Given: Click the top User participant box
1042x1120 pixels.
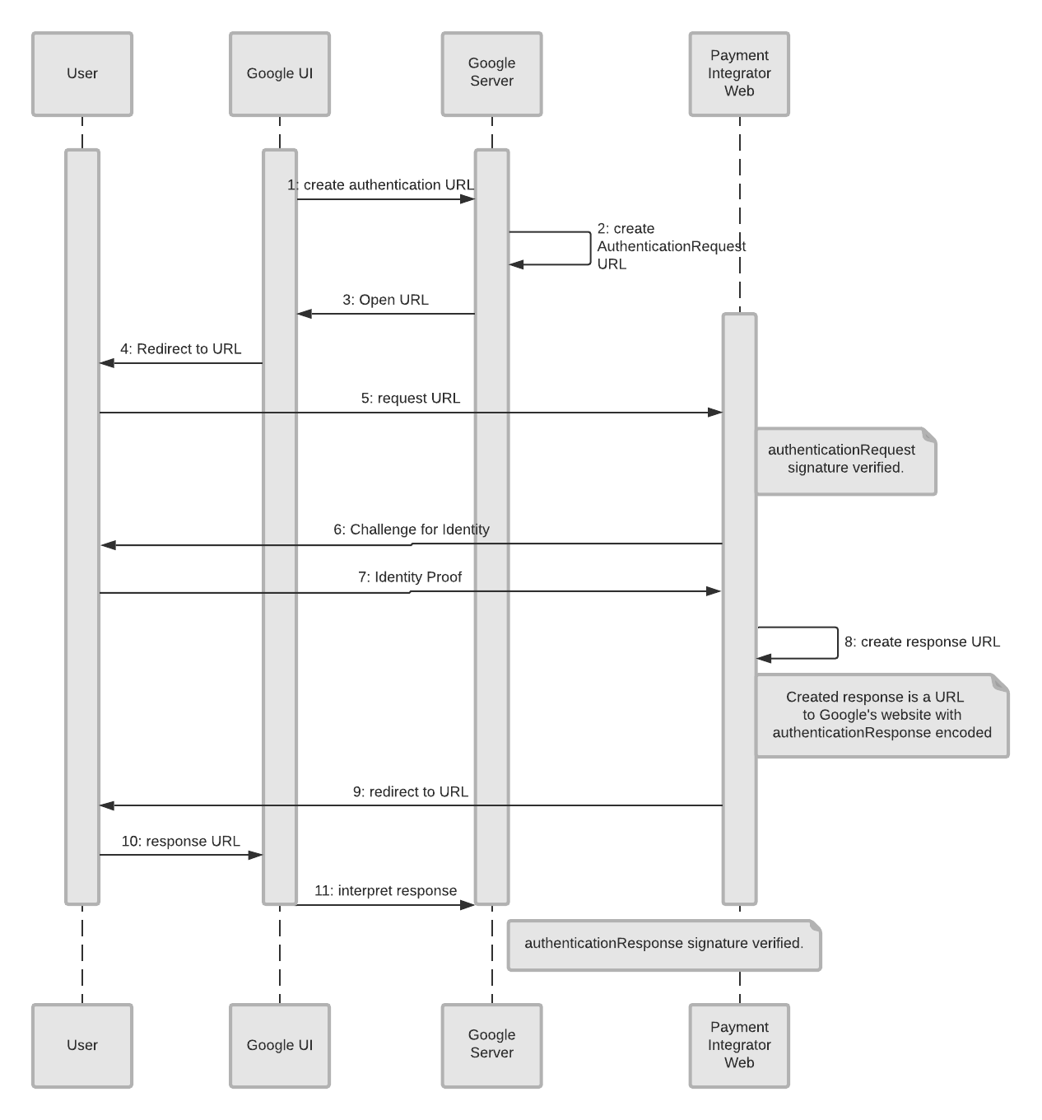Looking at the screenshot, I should pos(82,74).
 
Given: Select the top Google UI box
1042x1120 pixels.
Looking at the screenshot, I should pos(280,74).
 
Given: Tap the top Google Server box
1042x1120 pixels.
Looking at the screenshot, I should pos(491,74).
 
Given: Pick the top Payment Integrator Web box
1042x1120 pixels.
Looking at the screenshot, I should pos(739,74).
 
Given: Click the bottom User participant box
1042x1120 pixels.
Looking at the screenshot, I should pos(82,1045).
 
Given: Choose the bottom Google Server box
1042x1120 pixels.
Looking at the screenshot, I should pos(491,1045).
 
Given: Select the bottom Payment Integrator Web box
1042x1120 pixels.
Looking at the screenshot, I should pos(739,1045).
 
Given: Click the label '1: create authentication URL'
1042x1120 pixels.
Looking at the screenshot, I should pos(380,185).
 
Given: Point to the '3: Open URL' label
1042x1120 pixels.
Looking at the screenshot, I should pos(385,300).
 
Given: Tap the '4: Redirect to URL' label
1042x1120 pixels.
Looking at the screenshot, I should pos(181,349).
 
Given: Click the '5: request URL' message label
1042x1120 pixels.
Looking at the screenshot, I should pos(411,399).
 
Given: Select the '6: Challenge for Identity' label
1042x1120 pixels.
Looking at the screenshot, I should pos(412,530).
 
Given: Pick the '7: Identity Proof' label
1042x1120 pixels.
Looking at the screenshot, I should pos(410,577).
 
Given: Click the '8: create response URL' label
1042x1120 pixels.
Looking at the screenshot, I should pos(922,642).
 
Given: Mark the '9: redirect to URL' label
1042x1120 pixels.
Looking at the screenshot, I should pos(411,792).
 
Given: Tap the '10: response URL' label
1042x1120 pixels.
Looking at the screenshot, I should pos(181,842).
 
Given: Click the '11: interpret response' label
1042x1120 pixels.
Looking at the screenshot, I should pos(385,891).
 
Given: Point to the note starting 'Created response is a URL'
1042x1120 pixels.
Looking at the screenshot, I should pos(882,715).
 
